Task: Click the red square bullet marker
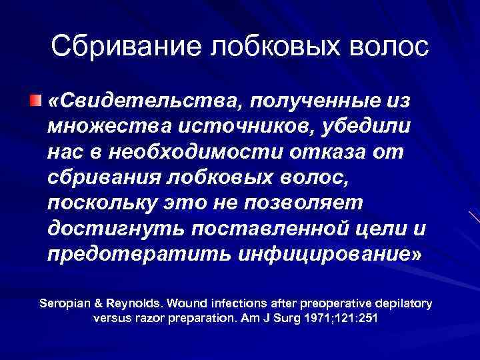(x=33, y=100)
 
